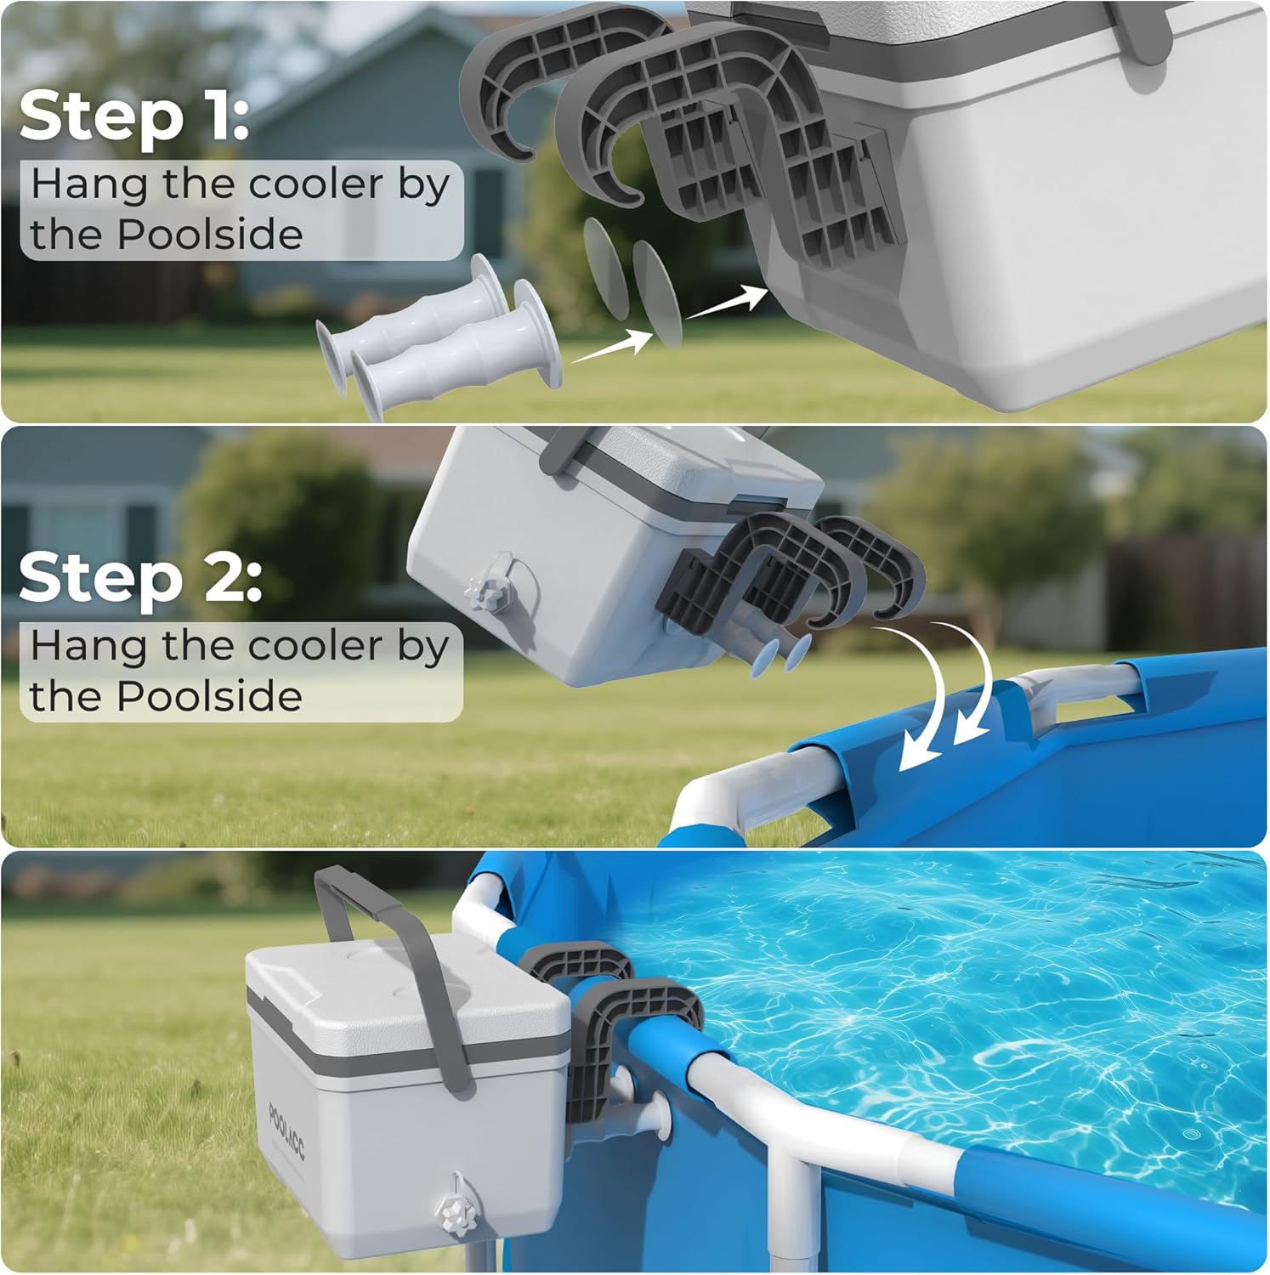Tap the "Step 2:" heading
click(x=140, y=578)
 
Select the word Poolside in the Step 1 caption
click(x=209, y=235)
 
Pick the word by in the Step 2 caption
click(x=422, y=648)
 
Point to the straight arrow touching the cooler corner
click(x=726, y=302)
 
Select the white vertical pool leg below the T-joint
click(x=786, y=1224)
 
